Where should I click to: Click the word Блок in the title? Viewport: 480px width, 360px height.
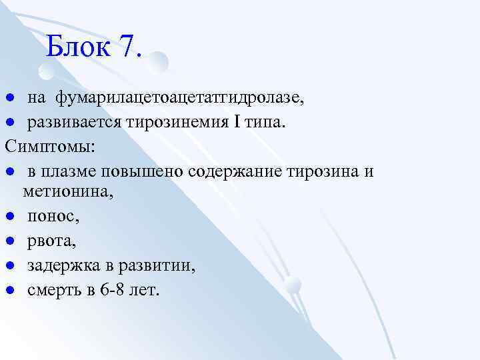tap(79, 46)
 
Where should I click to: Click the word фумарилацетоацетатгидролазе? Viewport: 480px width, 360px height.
tap(179, 99)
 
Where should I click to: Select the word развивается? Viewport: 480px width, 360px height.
tap(69, 122)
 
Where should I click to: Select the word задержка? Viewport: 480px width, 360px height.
tap(61, 266)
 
